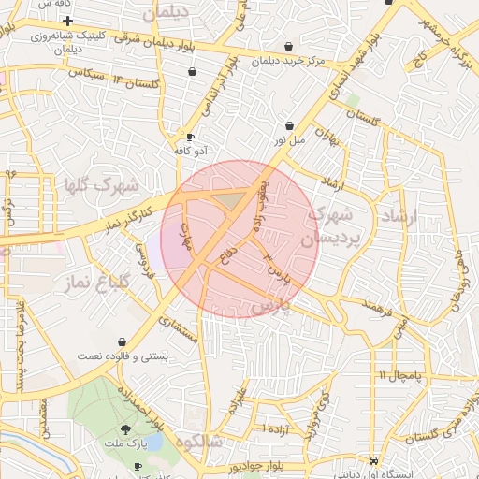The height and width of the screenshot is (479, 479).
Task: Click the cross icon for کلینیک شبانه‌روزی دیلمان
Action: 67,20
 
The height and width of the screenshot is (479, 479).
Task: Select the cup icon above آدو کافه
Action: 191,136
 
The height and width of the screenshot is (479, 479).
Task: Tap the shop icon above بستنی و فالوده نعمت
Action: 123,342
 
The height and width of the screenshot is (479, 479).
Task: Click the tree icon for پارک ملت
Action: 139,431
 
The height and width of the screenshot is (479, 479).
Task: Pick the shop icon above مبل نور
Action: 289,125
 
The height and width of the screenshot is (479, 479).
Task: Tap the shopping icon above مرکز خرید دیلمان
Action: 287,47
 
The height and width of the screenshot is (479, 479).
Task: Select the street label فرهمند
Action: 362,305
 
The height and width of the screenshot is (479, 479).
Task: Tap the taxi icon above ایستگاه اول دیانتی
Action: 373,461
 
